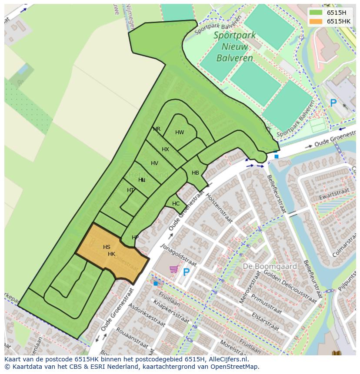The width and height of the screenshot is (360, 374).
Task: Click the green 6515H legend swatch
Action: (316, 13)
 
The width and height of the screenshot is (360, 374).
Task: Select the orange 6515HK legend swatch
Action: (316, 21)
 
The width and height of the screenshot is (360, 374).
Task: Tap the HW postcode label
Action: (180, 132)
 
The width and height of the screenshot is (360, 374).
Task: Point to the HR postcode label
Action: (157, 129)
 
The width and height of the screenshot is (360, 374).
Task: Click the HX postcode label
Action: (165, 149)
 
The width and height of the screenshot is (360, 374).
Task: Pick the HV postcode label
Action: (154, 163)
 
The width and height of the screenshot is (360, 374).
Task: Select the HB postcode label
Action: (195, 173)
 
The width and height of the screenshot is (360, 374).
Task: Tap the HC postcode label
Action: (176, 203)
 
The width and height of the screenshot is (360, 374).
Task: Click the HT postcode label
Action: (130, 190)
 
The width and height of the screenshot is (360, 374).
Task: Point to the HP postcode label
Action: (135, 238)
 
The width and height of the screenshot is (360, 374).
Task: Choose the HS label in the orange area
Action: (107, 247)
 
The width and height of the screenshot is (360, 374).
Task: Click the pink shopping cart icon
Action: (174, 269)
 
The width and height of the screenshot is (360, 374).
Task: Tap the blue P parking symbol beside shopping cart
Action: (186, 272)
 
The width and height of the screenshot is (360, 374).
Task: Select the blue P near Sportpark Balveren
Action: (333, 103)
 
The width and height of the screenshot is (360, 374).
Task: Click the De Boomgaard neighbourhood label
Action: (270, 266)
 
